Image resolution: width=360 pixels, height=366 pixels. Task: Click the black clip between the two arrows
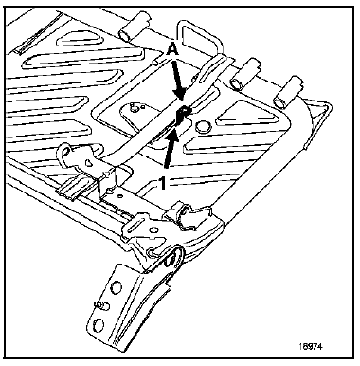coord(182,116)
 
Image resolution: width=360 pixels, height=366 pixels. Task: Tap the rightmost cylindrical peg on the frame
coord(283,97)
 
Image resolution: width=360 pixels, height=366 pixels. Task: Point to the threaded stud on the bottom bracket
coord(99,306)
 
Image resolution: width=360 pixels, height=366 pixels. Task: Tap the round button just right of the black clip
coord(198,119)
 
